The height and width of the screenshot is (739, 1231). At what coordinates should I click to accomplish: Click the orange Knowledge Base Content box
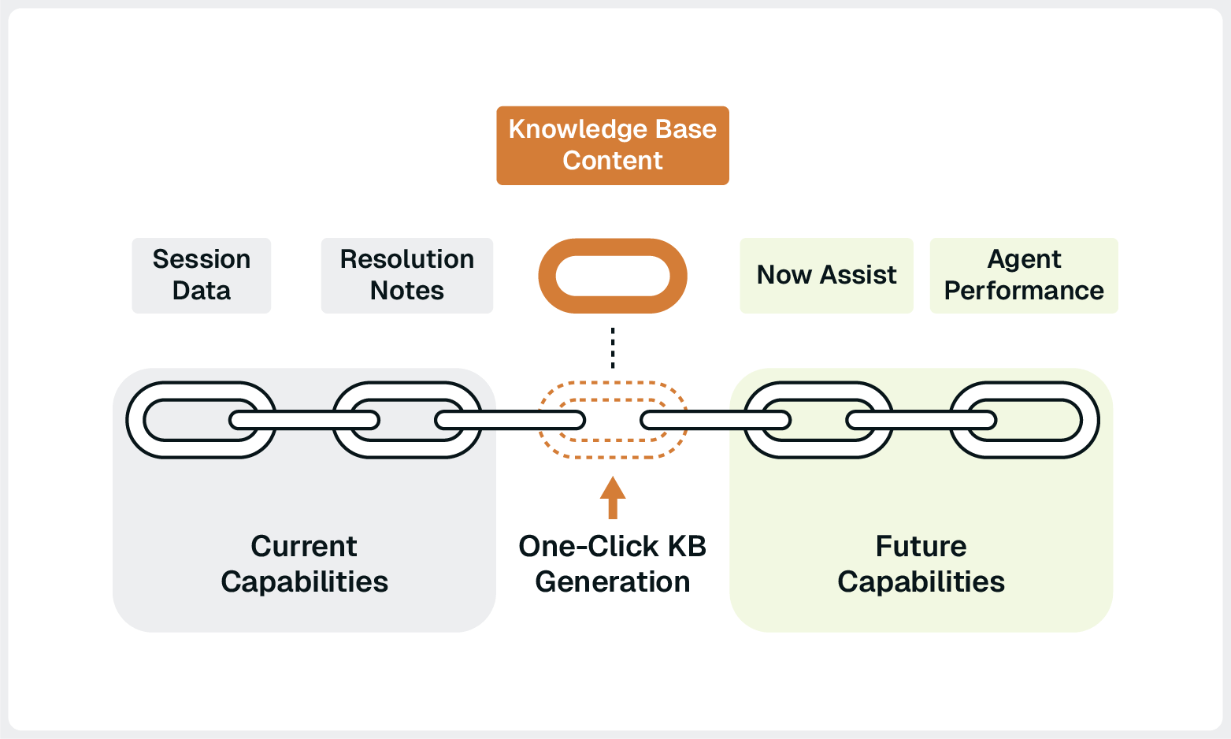point(612,146)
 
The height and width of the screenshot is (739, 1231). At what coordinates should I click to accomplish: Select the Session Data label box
point(201,275)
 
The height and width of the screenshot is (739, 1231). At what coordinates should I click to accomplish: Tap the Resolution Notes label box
point(406,275)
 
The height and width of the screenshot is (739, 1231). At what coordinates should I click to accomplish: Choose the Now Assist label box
point(826,275)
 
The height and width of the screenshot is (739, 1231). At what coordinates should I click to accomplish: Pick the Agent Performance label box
point(1023,275)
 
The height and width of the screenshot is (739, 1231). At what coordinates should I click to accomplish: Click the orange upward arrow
point(612,497)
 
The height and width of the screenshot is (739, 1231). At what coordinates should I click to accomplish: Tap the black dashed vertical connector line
point(612,347)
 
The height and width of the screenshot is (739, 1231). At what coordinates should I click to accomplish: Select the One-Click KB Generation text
point(612,563)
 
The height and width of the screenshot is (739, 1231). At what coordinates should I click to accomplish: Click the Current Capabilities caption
point(304,563)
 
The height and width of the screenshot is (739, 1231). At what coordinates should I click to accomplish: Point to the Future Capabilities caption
point(921,563)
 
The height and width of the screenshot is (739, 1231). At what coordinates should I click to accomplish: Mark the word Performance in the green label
point(1023,291)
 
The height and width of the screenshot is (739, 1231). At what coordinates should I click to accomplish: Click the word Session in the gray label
point(201,259)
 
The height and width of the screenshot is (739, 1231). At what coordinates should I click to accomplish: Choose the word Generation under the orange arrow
point(612,582)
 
